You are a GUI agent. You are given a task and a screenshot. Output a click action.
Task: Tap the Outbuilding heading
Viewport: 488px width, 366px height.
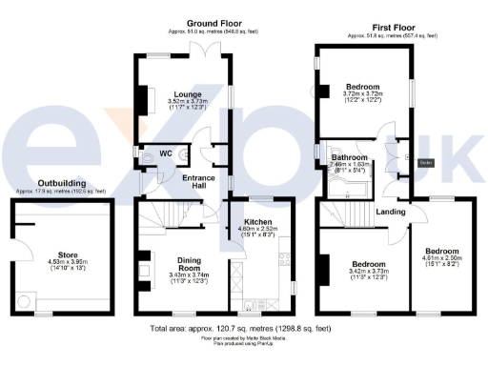[60, 182]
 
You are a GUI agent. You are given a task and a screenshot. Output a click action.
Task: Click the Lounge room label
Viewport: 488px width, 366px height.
[187, 93]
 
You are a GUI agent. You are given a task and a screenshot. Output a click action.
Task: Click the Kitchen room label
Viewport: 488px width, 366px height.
[254, 220]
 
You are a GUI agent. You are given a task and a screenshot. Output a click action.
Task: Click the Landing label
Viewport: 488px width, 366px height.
[391, 212]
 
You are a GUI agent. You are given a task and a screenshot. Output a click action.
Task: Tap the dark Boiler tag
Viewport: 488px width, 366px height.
[426, 162]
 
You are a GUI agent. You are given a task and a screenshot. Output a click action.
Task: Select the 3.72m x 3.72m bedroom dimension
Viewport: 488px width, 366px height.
[362, 94]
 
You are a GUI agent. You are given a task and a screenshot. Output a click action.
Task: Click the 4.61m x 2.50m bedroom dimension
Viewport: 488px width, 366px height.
[440, 256]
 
